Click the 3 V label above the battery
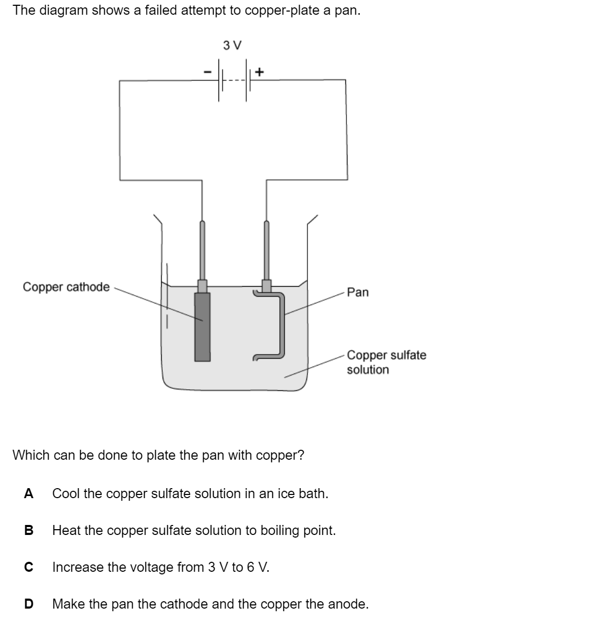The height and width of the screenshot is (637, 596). point(232,45)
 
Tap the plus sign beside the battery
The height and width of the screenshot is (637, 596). point(260,70)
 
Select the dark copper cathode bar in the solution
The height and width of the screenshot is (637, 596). point(202,327)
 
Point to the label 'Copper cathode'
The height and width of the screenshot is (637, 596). point(66,287)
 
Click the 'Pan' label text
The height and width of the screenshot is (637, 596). point(358,292)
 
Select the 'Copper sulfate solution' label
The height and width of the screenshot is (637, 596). point(386,362)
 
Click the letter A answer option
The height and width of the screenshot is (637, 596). point(29,493)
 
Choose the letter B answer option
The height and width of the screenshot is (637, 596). point(29,530)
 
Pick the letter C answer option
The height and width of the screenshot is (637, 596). point(29,567)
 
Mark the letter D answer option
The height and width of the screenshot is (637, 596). point(29,604)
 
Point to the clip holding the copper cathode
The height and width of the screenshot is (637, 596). point(202,286)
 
